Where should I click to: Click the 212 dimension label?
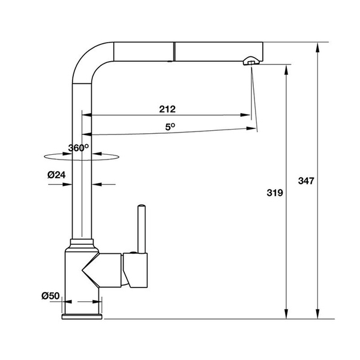click(167, 109)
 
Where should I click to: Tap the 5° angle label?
click(170, 127)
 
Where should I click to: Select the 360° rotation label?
click(79, 148)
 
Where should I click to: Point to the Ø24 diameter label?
click(56, 175)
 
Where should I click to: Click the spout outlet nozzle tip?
click(251, 61)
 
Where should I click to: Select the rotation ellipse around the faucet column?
click(82, 157)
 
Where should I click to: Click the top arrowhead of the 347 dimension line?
click(316, 47)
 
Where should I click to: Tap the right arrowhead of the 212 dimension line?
click(247, 115)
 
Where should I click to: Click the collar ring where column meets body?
click(82, 244)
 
